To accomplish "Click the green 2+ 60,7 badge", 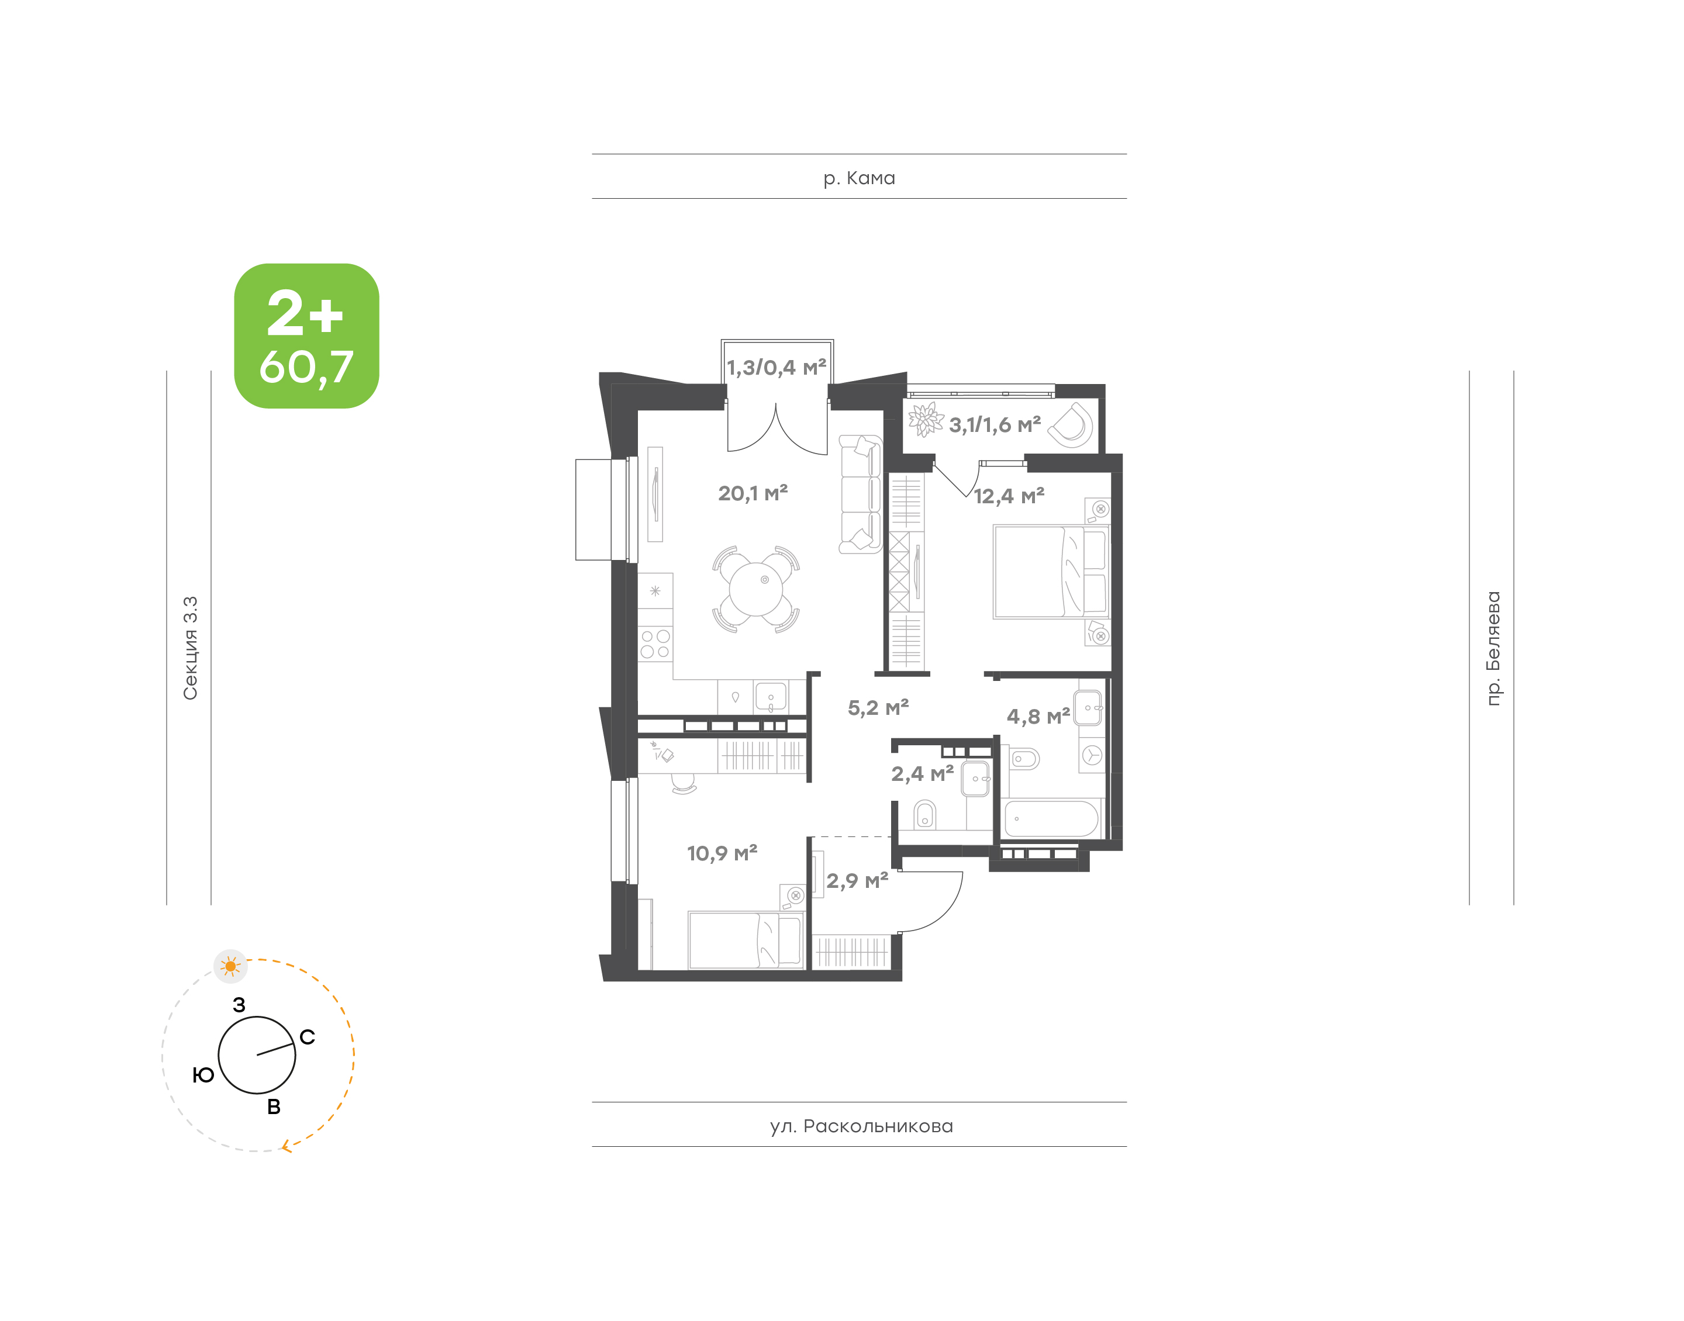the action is [x=306, y=336].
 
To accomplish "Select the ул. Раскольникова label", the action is [x=861, y=1126].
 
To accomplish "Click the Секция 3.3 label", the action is [x=190, y=648].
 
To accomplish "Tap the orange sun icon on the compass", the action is [x=230, y=966].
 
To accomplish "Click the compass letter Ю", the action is [x=203, y=1075].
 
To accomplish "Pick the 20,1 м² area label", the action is [x=753, y=493].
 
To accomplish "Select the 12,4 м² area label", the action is [x=1009, y=496].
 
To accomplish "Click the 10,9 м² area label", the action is [x=722, y=853].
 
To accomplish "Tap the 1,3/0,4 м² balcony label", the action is [x=777, y=368].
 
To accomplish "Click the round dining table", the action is [x=755, y=589].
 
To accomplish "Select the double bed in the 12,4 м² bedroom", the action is [x=1051, y=572].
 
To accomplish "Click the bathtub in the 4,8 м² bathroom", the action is [x=1051, y=818].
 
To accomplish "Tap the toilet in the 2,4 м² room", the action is [x=924, y=814].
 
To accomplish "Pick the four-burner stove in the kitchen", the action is [x=655, y=644].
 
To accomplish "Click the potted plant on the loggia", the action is [x=925, y=420].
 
